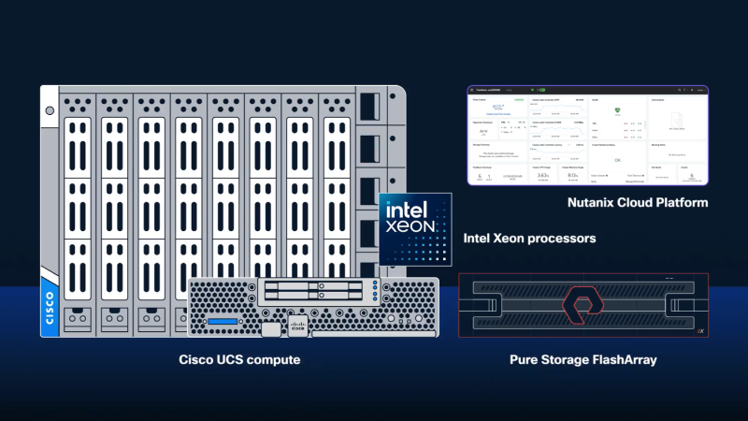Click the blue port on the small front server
click(x=224, y=323)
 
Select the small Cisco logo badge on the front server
click(x=297, y=327)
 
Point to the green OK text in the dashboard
click(x=616, y=160)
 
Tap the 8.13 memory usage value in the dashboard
click(x=572, y=175)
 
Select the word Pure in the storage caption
click(x=525, y=359)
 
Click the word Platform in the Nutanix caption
click(x=681, y=202)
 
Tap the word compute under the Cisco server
click(x=278, y=359)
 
